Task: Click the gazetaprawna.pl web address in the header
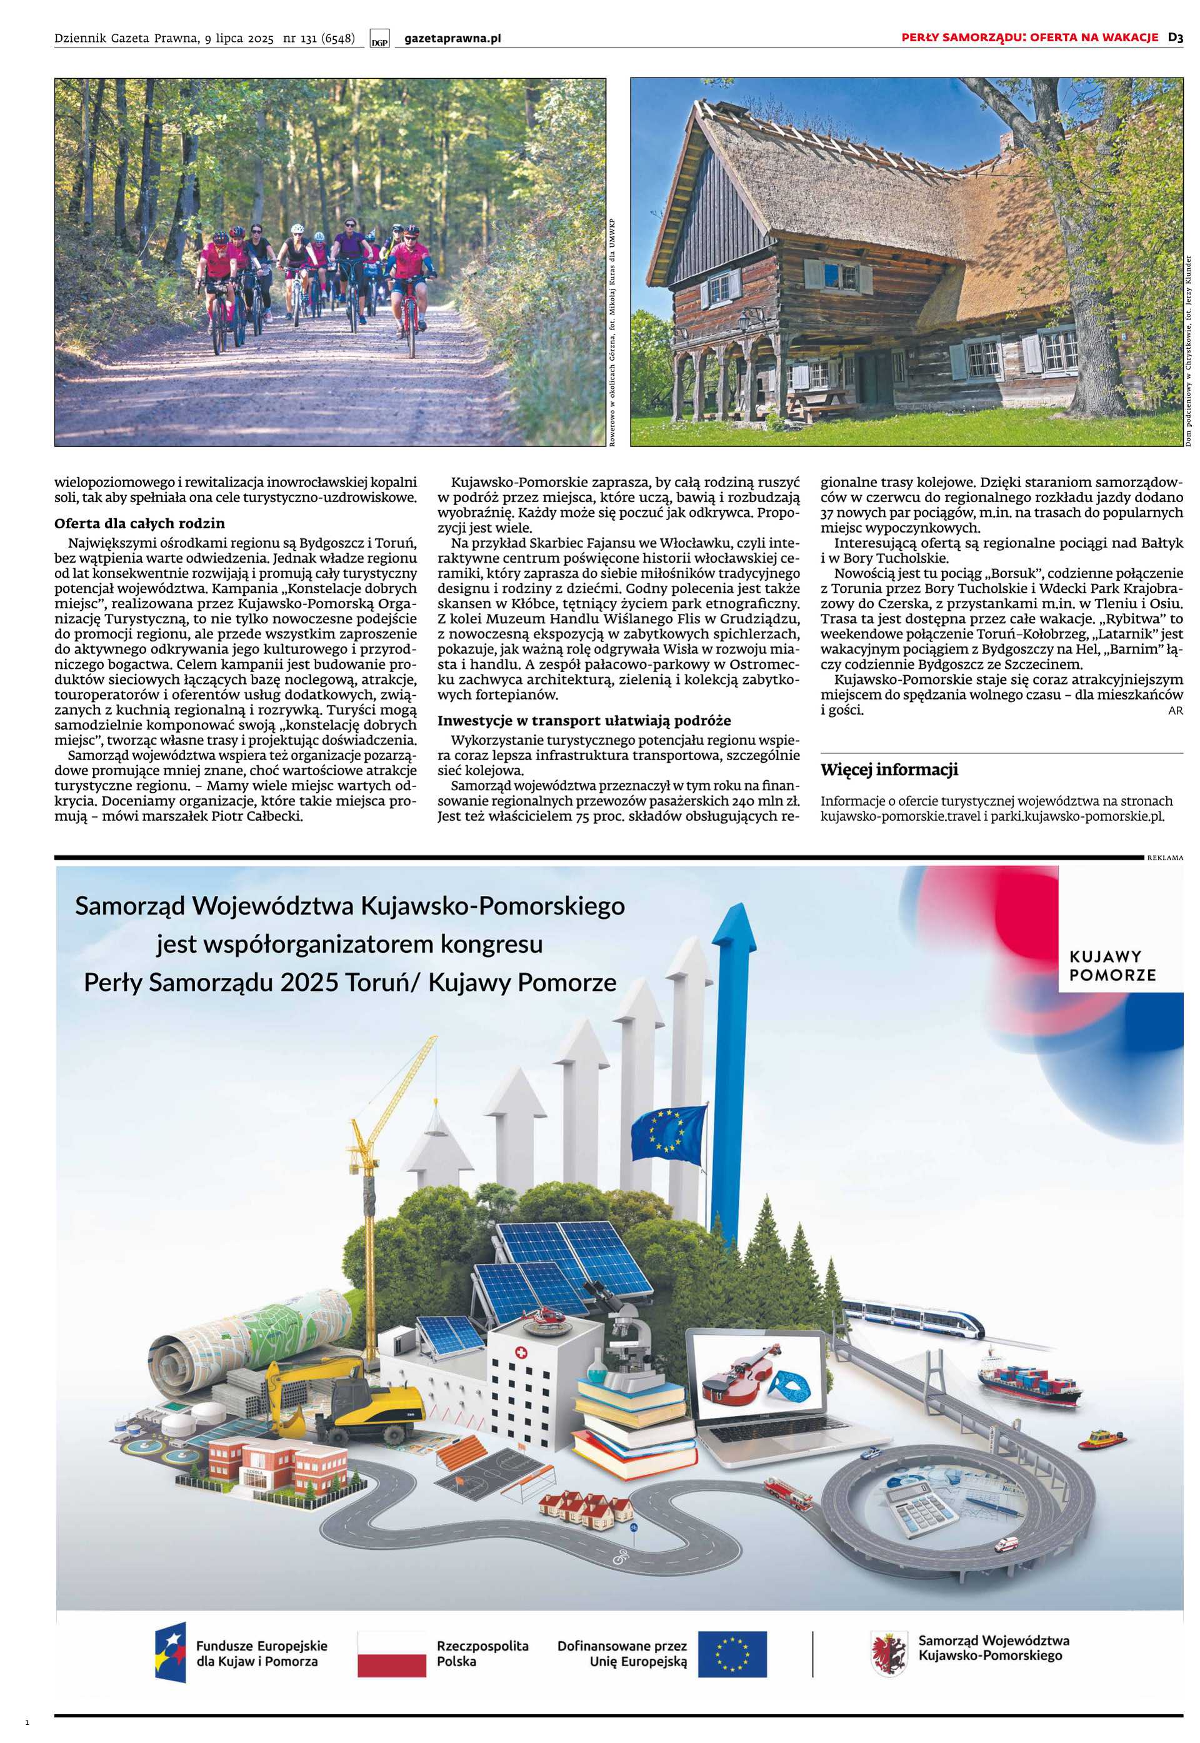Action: point(452,38)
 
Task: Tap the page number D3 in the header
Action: point(1175,37)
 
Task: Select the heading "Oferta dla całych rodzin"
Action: point(139,523)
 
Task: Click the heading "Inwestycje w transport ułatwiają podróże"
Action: point(584,720)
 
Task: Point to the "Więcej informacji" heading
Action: point(889,770)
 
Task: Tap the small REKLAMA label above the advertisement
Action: point(1164,857)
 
